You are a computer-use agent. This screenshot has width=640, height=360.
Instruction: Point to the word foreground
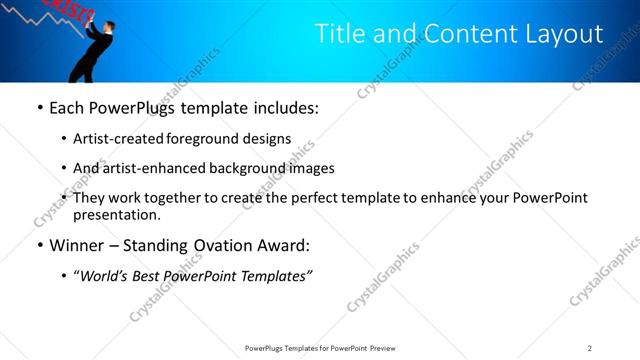(x=198, y=139)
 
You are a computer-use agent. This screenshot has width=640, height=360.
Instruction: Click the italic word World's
(x=104, y=275)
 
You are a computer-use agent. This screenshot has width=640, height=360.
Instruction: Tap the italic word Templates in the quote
(x=275, y=275)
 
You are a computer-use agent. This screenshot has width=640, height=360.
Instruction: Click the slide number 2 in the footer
(x=590, y=348)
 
